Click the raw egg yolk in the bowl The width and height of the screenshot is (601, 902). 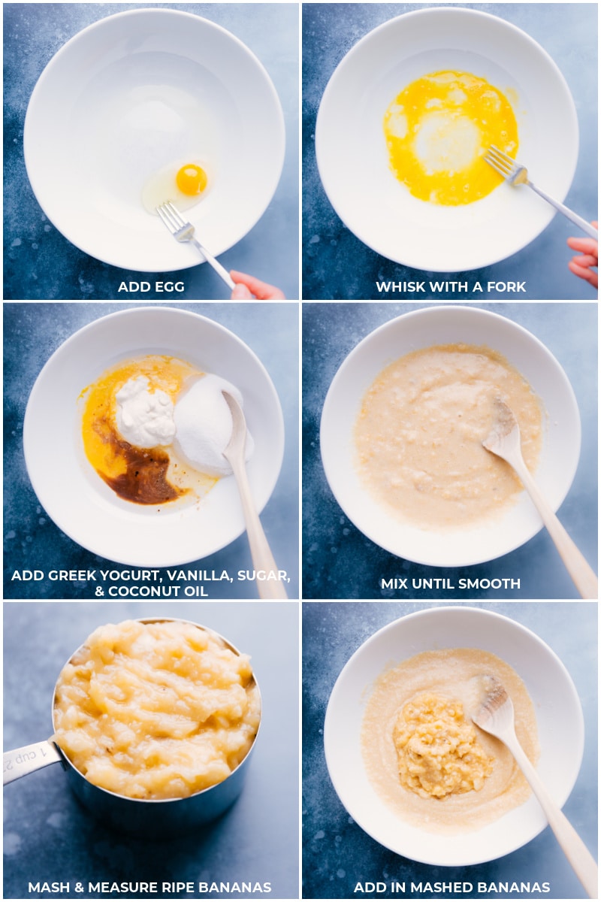[x=192, y=179]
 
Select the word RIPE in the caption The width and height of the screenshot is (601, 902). [x=181, y=887]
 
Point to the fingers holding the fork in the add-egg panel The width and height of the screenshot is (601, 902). [x=255, y=285]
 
